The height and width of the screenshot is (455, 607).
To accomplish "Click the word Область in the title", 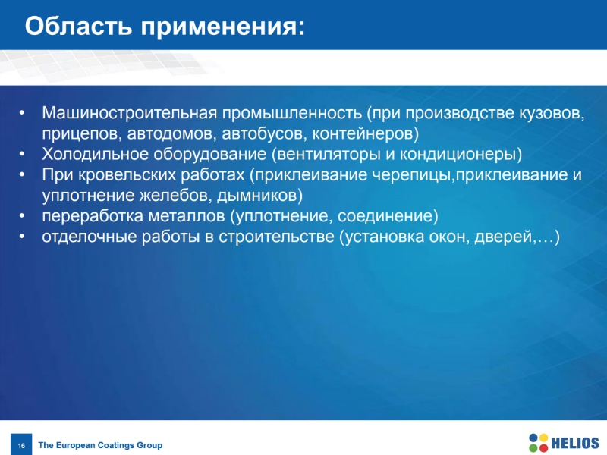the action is [x=79, y=27].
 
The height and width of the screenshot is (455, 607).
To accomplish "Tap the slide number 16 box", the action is [x=21, y=444].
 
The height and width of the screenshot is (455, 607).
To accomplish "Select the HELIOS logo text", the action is [x=575, y=443].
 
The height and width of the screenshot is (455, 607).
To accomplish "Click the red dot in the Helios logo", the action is [x=543, y=447].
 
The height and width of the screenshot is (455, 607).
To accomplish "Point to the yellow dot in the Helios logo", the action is [x=543, y=438].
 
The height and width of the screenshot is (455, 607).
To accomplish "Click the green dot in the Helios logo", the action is [x=533, y=447].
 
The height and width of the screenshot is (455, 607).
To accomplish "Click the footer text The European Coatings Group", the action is [x=100, y=445].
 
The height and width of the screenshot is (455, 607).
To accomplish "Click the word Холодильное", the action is [x=95, y=154].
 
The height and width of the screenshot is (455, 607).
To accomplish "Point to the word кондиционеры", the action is [x=458, y=155].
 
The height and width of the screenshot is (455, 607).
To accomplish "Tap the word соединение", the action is [x=385, y=216].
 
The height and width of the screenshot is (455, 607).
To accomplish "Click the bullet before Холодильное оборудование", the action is [x=22, y=154].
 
